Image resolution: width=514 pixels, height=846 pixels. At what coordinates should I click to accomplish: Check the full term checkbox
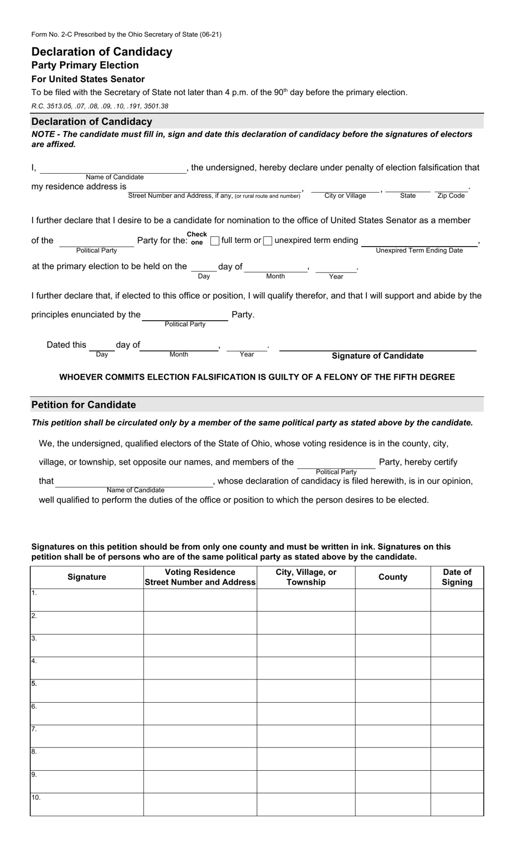[215, 241]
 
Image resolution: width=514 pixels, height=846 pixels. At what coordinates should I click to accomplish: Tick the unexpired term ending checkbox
[268, 241]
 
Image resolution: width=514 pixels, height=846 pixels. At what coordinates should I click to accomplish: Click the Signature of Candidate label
[377, 356]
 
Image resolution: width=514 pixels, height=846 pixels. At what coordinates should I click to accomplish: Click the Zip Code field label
[451, 196]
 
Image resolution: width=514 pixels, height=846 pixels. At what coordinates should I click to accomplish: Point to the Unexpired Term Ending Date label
[419, 250]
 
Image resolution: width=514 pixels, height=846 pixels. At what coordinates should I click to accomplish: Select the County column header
[393, 577]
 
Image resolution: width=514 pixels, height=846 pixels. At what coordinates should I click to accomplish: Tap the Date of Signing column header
[457, 577]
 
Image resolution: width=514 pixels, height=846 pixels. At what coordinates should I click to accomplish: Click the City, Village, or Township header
[306, 577]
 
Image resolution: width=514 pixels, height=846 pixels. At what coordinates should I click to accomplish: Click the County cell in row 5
[393, 691]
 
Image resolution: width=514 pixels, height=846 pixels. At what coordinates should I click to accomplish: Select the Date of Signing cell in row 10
[457, 804]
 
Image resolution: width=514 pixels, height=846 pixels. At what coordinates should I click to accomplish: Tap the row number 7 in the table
[34, 729]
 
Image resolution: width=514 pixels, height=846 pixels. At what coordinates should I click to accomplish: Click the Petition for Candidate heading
[84, 405]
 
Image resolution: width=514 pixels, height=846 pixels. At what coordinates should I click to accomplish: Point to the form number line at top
[126, 35]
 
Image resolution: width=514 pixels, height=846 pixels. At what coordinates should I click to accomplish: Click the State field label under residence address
[408, 196]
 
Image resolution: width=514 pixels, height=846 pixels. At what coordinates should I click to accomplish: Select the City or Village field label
[345, 196]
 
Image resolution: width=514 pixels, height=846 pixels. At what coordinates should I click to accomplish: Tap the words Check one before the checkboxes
[197, 239]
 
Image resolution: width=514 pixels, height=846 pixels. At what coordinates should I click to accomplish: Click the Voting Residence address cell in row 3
[200, 645]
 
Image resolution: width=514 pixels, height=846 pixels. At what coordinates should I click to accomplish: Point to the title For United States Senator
[88, 79]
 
